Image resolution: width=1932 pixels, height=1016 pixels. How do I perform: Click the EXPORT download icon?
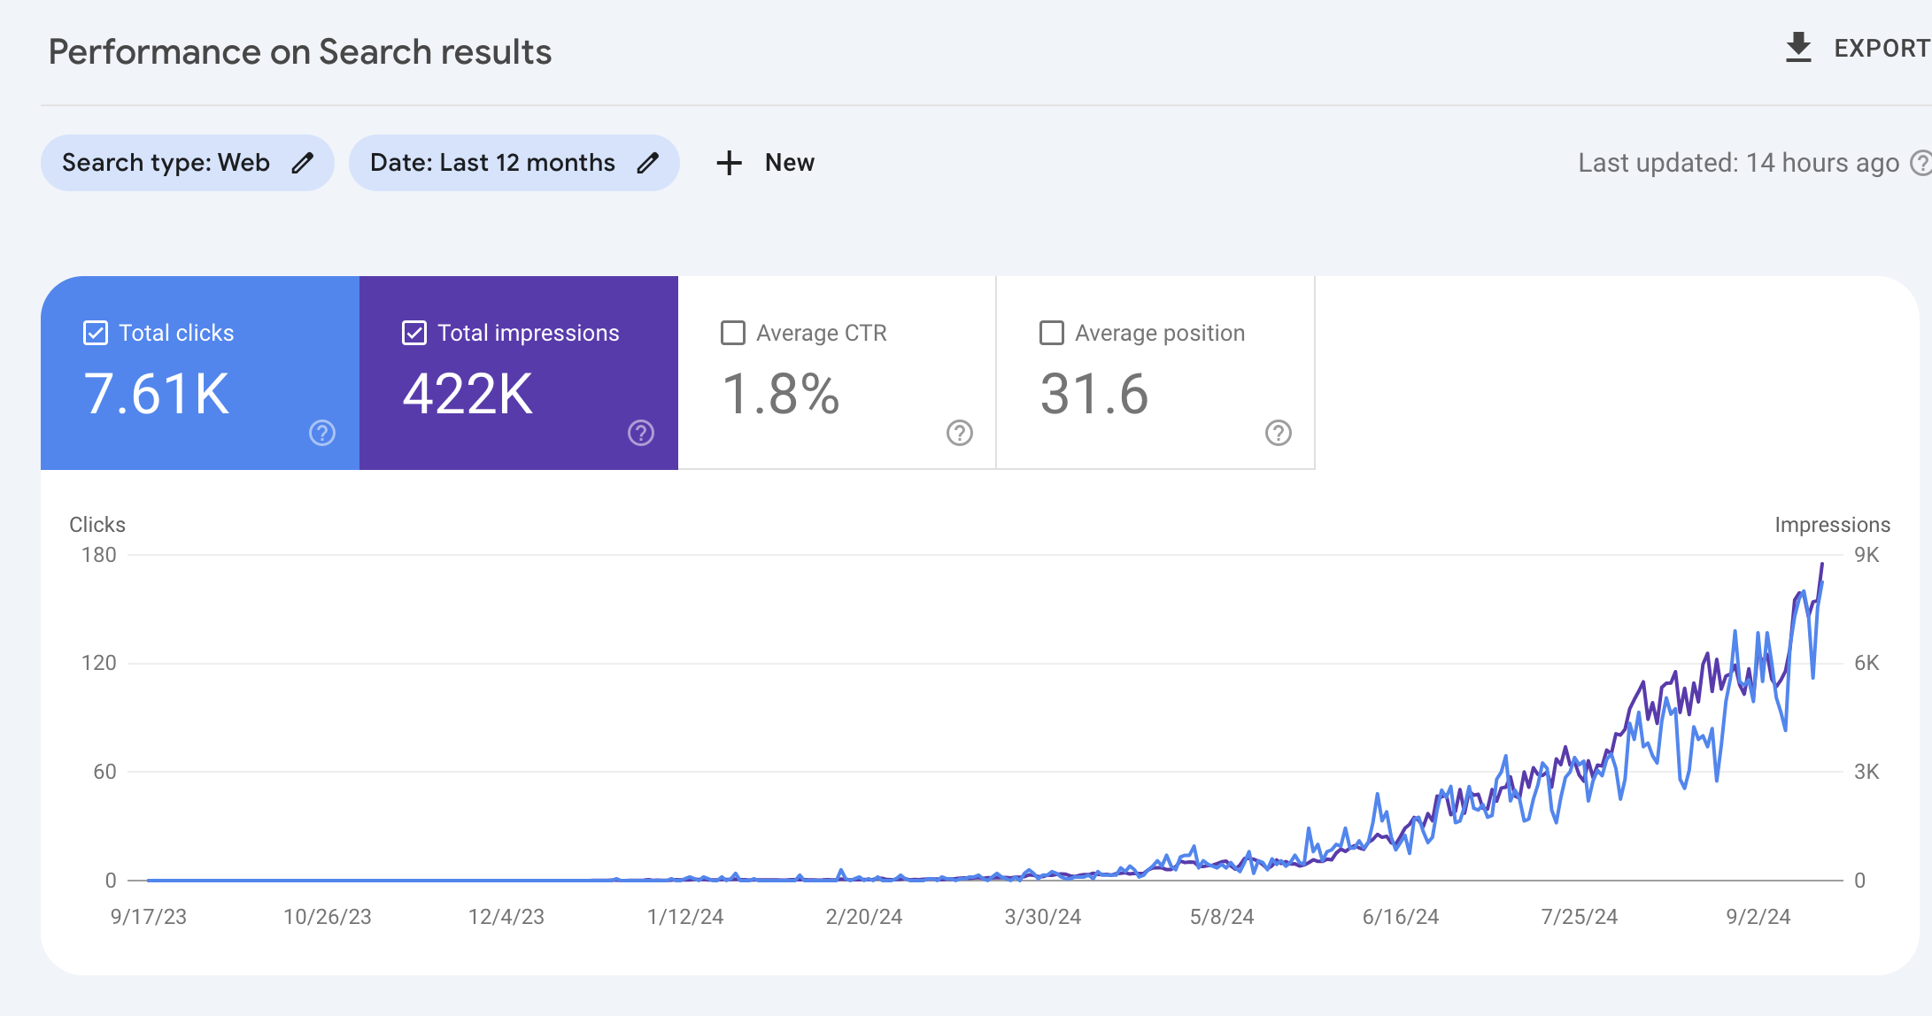(1798, 48)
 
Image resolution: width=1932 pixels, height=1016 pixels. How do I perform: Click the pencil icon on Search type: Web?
(303, 163)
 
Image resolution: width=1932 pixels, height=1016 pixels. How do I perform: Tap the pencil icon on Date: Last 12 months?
(648, 163)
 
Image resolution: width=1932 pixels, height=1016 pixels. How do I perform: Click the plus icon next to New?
(729, 163)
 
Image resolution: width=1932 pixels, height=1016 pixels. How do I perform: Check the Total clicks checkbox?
(96, 333)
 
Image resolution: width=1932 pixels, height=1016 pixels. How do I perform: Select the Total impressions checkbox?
(414, 333)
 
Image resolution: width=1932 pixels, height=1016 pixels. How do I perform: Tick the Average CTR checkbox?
(733, 333)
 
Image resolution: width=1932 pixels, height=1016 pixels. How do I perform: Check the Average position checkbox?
(1052, 333)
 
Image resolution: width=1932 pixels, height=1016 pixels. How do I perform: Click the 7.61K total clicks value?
(157, 394)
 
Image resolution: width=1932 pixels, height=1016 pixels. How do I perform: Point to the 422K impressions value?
(468, 394)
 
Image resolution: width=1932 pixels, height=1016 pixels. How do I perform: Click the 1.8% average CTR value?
(780, 394)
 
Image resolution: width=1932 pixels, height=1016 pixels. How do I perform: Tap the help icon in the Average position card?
(1278, 433)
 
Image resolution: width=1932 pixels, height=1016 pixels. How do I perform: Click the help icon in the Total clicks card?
(322, 433)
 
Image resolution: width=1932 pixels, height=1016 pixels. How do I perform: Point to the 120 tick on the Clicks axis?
(98, 663)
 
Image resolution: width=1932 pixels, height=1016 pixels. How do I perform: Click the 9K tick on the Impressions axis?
(1866, 555)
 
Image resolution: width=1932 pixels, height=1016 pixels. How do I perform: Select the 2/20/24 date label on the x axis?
(863, 917)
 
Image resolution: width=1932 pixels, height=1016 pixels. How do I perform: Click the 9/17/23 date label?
(149, 917)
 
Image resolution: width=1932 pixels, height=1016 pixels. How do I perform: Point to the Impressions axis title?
(1832, 525)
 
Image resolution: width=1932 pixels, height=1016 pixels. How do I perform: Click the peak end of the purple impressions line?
(1822, 565)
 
